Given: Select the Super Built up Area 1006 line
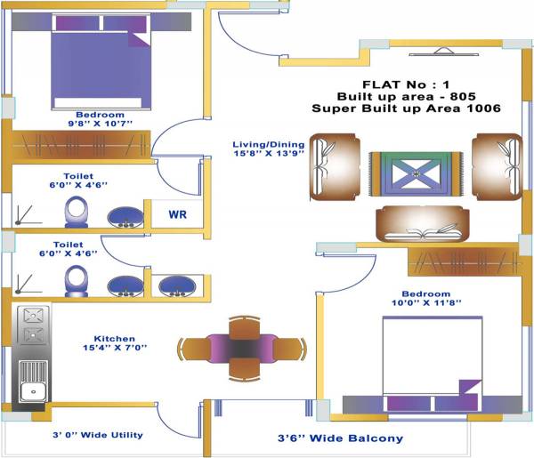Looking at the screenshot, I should [406, 108].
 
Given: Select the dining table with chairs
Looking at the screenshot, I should [242, 347].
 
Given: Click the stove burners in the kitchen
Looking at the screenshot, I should [32, 325].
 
